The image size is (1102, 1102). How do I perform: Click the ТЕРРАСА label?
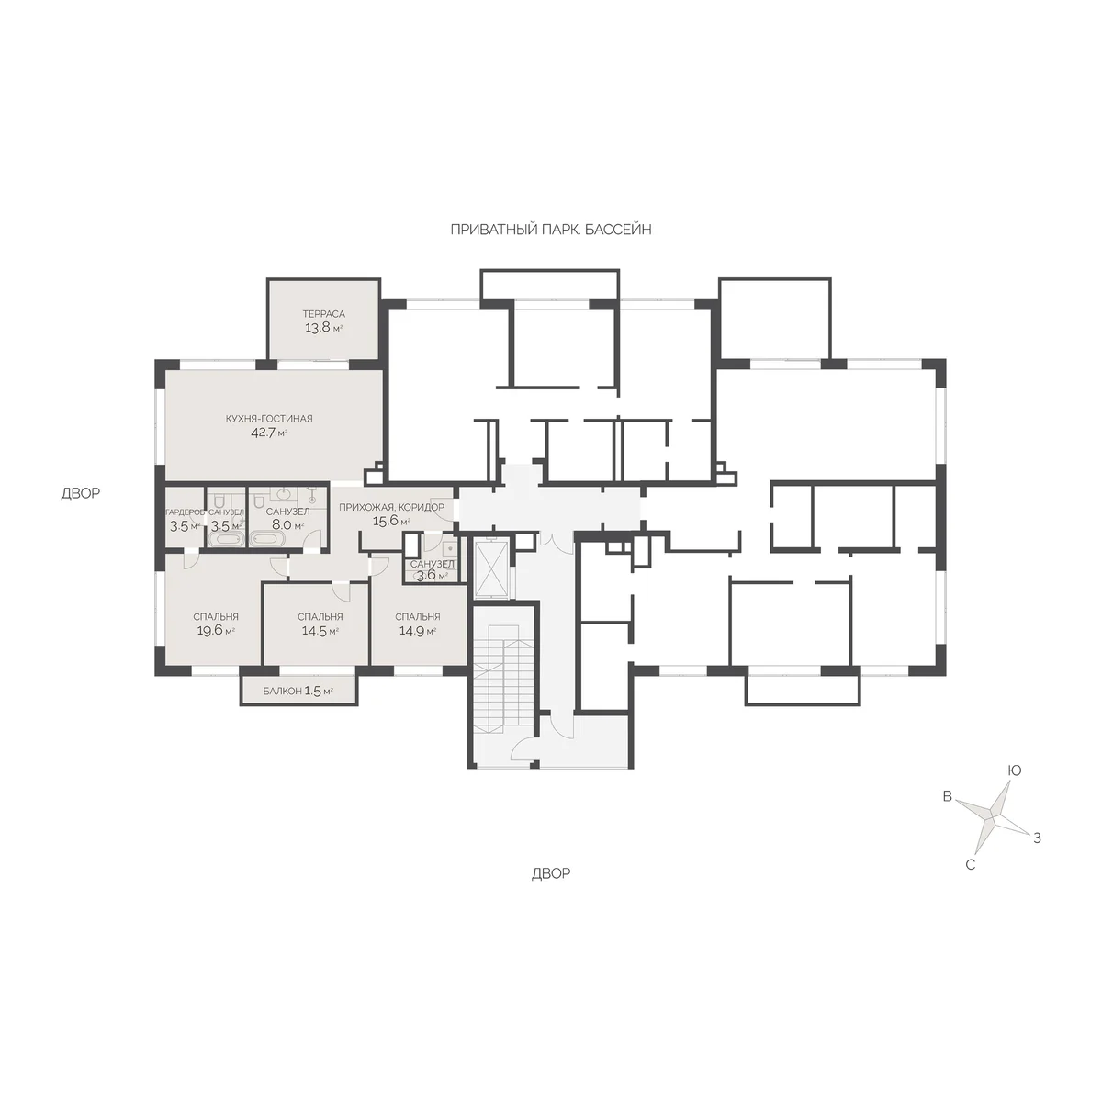(x=323, y=314)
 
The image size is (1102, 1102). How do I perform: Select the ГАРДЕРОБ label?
(x=185, y=512)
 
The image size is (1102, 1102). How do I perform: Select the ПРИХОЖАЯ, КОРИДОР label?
(x=391, y=507)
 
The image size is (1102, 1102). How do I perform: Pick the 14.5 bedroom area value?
(x=313, y=631)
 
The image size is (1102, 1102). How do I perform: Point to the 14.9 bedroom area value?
(x=410, y=631)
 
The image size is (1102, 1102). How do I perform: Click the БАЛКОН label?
(x=282, y=692)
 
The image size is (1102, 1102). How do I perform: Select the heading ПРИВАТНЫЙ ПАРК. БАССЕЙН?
(x=551, y=230)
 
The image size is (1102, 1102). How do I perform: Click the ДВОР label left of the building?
(x=81, y=493)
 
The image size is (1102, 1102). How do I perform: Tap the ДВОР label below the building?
(x=551, y=873)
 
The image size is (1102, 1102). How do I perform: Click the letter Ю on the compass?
(x=1014, y=770)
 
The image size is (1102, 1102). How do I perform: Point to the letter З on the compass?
(x=1037, y=838)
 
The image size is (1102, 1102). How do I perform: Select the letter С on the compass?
(x=970, y=865)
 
